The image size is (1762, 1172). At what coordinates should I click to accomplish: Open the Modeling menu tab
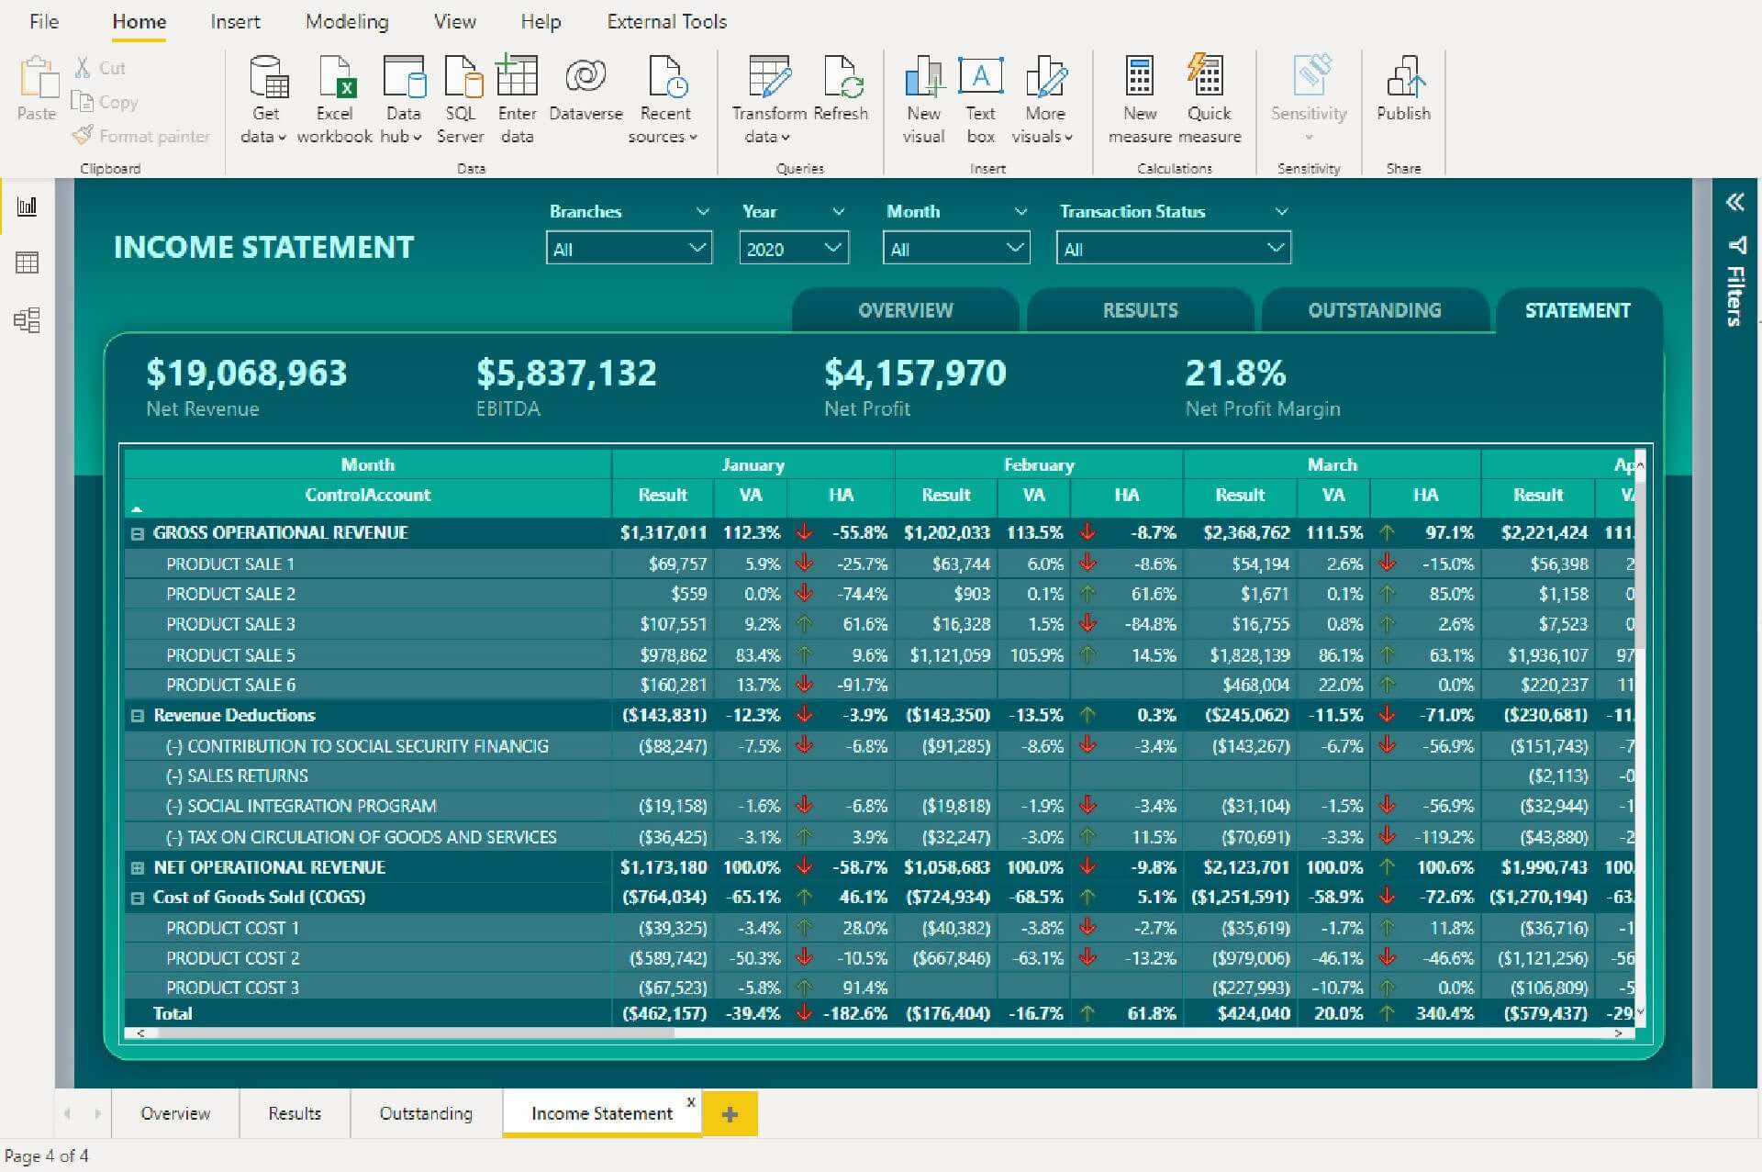[347, 22]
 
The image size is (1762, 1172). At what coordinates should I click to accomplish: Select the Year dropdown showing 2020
[793, 249]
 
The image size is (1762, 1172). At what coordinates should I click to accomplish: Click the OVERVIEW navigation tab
[905, 310]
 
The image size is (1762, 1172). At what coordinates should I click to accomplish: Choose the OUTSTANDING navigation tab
[1374, 310]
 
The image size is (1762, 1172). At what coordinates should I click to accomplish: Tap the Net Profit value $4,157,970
[915, 374]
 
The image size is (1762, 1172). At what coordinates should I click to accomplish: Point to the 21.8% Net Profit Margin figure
[1235, 374]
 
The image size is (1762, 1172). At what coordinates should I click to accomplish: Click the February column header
[1038, 465]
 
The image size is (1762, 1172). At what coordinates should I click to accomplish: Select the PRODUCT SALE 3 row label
[230, 625]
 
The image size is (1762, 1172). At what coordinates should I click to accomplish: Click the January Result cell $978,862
[674, 655]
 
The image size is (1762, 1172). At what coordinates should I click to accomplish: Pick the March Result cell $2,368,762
[1246, 533]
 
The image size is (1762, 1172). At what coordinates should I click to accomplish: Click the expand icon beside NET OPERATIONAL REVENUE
[138, 868]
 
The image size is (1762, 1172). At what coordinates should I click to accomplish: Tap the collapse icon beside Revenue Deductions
[138, 716]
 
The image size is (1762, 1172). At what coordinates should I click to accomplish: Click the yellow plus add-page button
[730, 1114]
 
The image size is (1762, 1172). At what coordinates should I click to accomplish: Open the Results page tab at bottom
[295, 1114]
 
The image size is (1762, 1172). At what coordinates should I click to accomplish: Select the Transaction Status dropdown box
[1173, 249]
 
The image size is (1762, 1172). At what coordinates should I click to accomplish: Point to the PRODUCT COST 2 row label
[232, 958]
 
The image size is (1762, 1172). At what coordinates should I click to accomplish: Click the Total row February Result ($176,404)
[948, 1014]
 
